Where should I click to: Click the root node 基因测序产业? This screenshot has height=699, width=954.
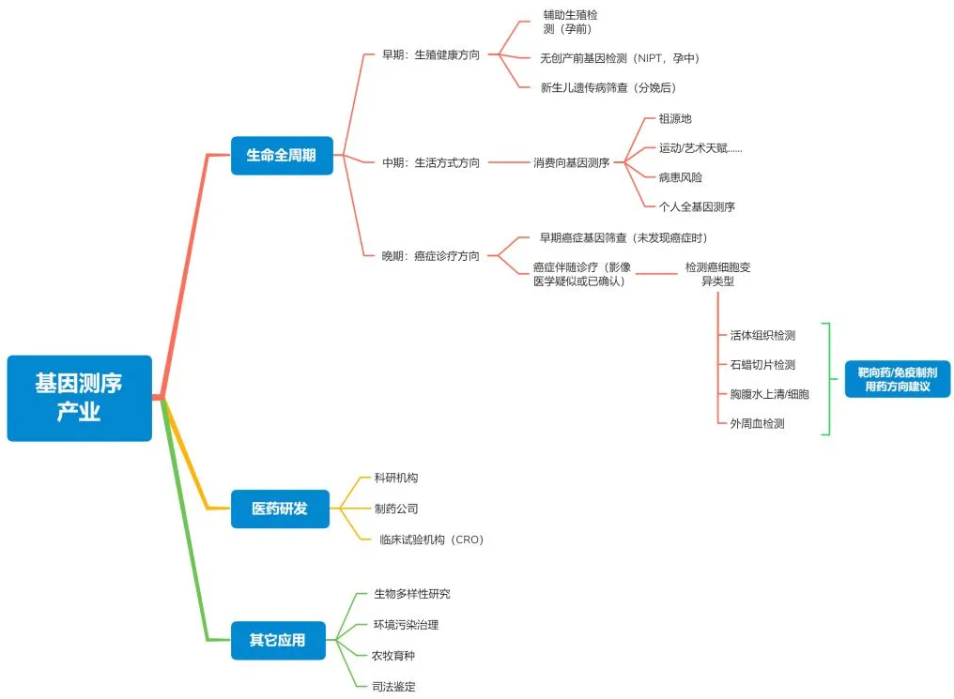tap(79, 398)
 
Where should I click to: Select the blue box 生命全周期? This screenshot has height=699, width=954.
tap(282, 155)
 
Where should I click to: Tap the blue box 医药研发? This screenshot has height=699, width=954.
tap(280, 509)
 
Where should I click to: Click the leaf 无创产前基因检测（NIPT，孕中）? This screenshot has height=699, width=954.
tap(619, 58)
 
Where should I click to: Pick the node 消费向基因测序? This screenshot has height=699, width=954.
tap(571, 162)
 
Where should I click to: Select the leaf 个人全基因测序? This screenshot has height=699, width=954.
tap(697, 206)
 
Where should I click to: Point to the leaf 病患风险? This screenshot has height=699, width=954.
tap(680, 176)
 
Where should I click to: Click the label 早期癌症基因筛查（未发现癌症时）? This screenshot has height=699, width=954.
tap(623, 237)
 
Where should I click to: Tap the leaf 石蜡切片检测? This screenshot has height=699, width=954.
tap(762, 364)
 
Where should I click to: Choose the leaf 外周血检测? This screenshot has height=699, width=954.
tap(757, 423)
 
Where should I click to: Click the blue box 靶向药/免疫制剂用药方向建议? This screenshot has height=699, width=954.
tap(897, 379)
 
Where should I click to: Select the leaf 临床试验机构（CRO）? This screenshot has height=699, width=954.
tap(431, 539)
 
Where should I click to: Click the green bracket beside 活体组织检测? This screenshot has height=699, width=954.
tap(827, 379)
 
